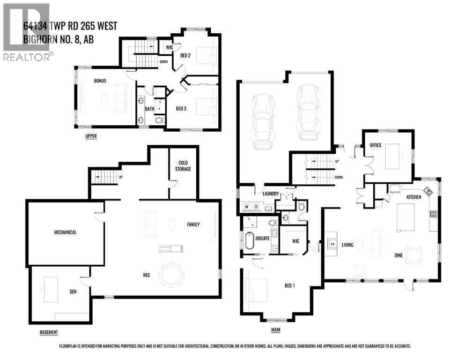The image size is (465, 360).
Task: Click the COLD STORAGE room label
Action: pyautogui.click(x=183, y=165)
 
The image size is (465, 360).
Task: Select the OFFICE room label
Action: pyautogui.click(x=376, y=145)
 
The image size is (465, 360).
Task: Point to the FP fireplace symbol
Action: pyautogui.click(x=332, y=244)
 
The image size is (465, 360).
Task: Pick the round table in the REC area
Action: pyautogui.click(x=172, y=274)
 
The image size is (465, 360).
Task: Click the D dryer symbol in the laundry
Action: pyautogui.click(x=256, y=207)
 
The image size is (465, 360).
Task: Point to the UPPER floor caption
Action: pyautogui.click(x=91, y=137)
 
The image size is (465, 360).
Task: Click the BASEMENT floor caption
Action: pyautogui.click(x=49, y=332)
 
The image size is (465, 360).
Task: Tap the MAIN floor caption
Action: pyautogui.click(x=276, y=330)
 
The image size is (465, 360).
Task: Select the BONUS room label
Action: pyautogui.click(x=100, y=81)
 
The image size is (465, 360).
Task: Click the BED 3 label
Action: pyautogui.click(x=181, y=109)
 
